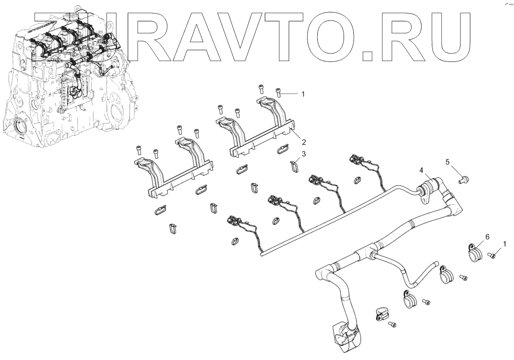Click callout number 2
pos(304,142)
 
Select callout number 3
pos(304,154)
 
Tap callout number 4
pos(422,170)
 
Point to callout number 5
pos(447,162)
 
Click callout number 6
pos(487,238)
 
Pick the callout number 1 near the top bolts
pos(303,94)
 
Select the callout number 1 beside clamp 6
pos(505,244)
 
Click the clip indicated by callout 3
pos(294,166)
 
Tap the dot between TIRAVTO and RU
pos(368,57)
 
